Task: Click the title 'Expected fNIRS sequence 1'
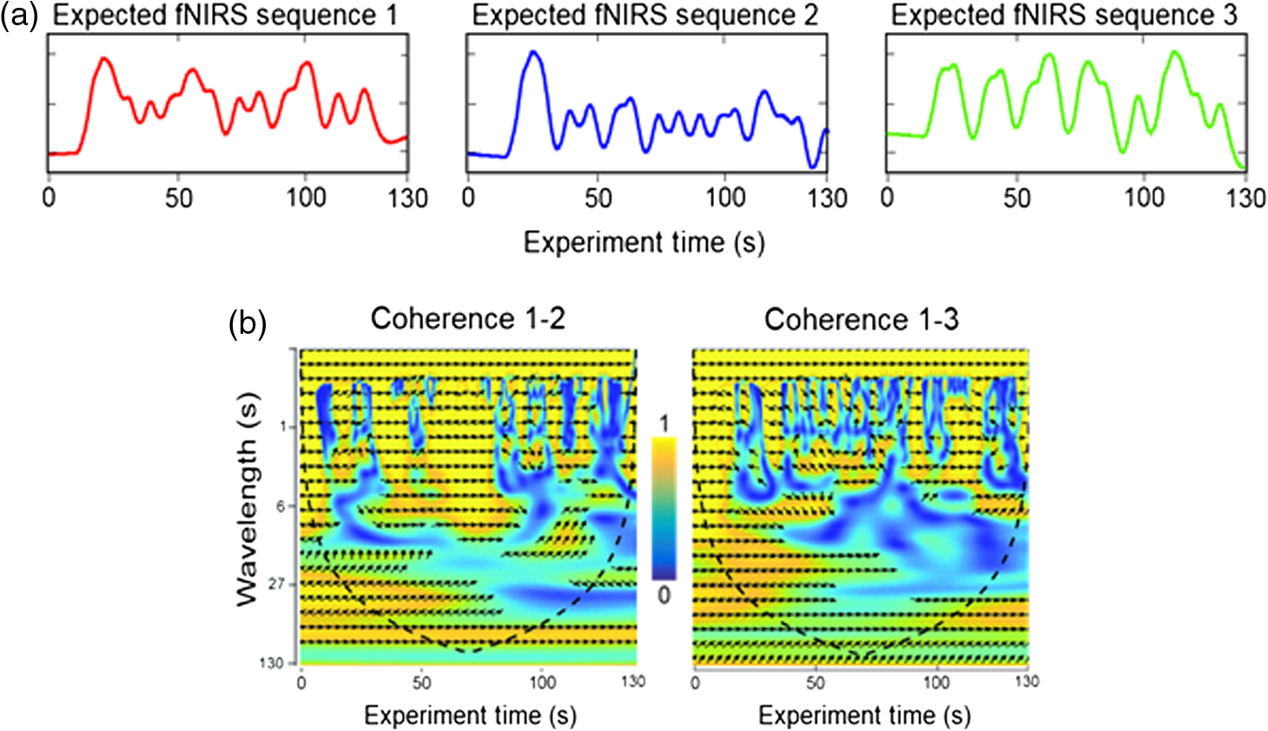pyautogui.click(x=225, y=16)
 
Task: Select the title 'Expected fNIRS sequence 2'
pyautogui.click(x=645, y=16)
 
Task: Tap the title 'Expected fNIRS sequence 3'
pyautogui.click(x=1064, y=16)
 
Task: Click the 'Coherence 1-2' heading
pyautogui.click(x=468, y=318)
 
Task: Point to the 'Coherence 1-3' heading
pyautogui.click(x=862, y=319)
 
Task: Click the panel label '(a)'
pyautogui.click(x=20, y=16)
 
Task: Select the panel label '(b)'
pyautogui.click(x=248, y=325)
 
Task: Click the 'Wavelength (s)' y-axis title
pyautogui.click(x=247, y=499)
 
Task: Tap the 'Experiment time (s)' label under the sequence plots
pyautogui.click(x=644, y=243)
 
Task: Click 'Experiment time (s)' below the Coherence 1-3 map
pyautogui.click(x=864, y=715)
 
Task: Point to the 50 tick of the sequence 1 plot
pyautogui.click(x=178, y=198)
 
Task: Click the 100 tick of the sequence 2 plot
pyautogui.click(x=725, y=198)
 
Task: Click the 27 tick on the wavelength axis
pyautogui.click(x=276, y=583)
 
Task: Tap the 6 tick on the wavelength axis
pyautogui.click(x=281, y=506)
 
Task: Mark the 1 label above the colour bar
pyautogui.click(x=664, y=423)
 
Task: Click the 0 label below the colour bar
pyautogui.click(x=664, y=595)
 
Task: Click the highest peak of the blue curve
pyautogui.click(x=533, y=51)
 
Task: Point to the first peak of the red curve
pyautogui.click(x=103, y=58)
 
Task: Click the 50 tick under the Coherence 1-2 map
pyautogui.click(x=422, y=682)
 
